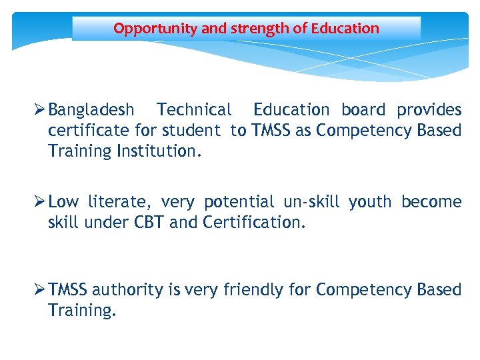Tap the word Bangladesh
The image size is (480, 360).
pyautogui.click(x=91, y=109)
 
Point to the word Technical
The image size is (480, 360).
pyautogui.click(x=194, y=109)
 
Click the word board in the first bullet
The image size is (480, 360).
pyautogui.click(x=363, y=109)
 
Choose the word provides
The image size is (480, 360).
pyautogui.click(x=429, y=109)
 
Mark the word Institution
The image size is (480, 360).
pyautogui.click(x=159, y=151)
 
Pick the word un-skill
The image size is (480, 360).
pyautogui.click(x=311, y=202)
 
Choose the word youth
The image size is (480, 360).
pyautogui.click(x=369, y=202)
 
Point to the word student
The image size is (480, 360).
pyautogui.click(x=192, y=130)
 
